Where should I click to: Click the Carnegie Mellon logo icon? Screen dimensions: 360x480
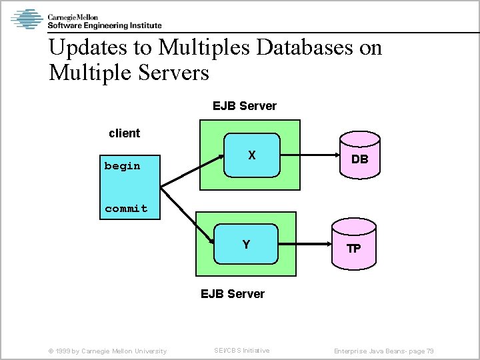tap(27, 19)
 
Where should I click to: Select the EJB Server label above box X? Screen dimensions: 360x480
tap(244, 106)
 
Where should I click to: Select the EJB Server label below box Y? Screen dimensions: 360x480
tap(233, 294)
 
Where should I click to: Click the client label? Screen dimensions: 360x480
tap(124, 133)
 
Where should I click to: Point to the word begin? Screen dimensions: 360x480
tap(123, 166)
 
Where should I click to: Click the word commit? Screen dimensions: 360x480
tap(126, 209)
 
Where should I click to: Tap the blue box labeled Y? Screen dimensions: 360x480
tap(247, 245)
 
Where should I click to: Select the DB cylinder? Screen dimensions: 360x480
tap(359, 158)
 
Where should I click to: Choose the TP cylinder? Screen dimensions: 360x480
tap(353, 247)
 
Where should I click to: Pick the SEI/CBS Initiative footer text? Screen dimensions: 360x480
tap(241, 351)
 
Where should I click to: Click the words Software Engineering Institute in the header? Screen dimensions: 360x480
tap(104, 26)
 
